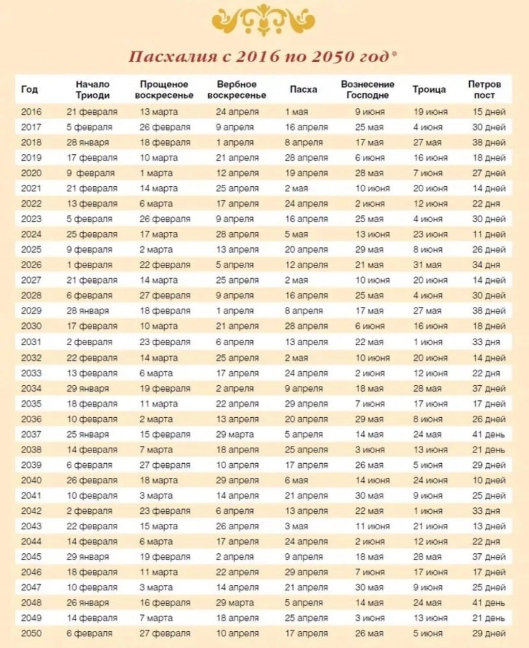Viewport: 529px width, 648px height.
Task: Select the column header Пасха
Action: point(304,90)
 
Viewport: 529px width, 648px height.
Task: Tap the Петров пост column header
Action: point(484,90)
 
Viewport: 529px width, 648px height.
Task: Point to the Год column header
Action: point(29,90)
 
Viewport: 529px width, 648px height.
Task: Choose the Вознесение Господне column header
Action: point(368,90)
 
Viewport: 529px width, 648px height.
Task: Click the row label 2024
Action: point(31,234)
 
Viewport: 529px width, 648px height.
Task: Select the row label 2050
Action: point(31,633)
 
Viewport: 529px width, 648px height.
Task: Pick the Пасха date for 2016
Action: point(296,112)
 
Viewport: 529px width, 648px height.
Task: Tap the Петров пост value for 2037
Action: point(488,434)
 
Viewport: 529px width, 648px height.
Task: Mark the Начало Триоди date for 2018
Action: point(87,142)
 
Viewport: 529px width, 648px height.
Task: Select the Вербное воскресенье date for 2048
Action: point(235,603)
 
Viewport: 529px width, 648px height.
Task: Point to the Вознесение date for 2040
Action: point(372,480)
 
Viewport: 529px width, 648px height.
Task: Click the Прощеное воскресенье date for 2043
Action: point(159,526)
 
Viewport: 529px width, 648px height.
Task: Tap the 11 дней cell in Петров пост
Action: point(489,234)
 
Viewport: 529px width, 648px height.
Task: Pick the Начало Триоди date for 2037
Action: point(87,434)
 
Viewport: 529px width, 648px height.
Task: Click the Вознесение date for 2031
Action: point(369,342)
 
